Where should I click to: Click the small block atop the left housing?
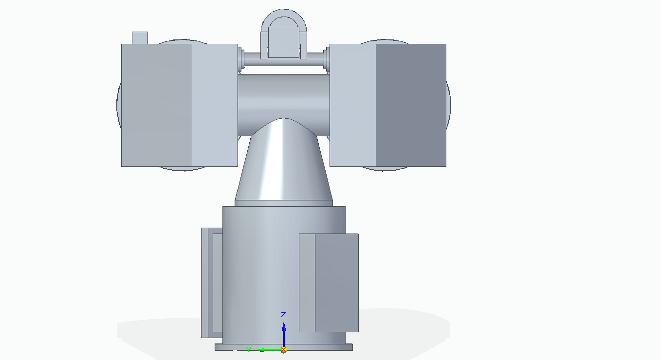coord(140,37)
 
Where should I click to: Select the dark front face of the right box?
coord(410,105)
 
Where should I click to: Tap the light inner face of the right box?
coord(352,105)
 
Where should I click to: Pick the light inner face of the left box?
coord(215,105)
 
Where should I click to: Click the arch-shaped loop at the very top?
coord(284,15)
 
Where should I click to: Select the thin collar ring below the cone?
coord(284,203)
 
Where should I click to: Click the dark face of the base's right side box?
coord(336,282)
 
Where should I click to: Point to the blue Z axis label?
coord(283,315)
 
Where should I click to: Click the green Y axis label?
coord(248,350)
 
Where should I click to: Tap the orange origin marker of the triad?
coord(284,350)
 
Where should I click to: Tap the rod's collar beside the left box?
coord(241,59)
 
